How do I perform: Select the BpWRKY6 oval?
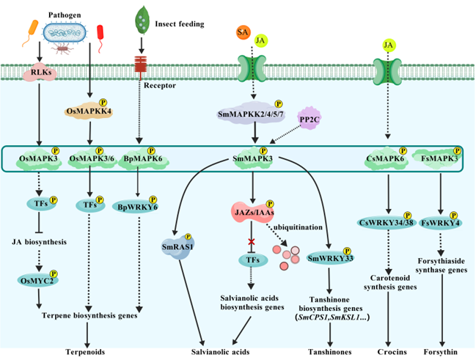136,207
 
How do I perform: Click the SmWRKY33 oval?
329,258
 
